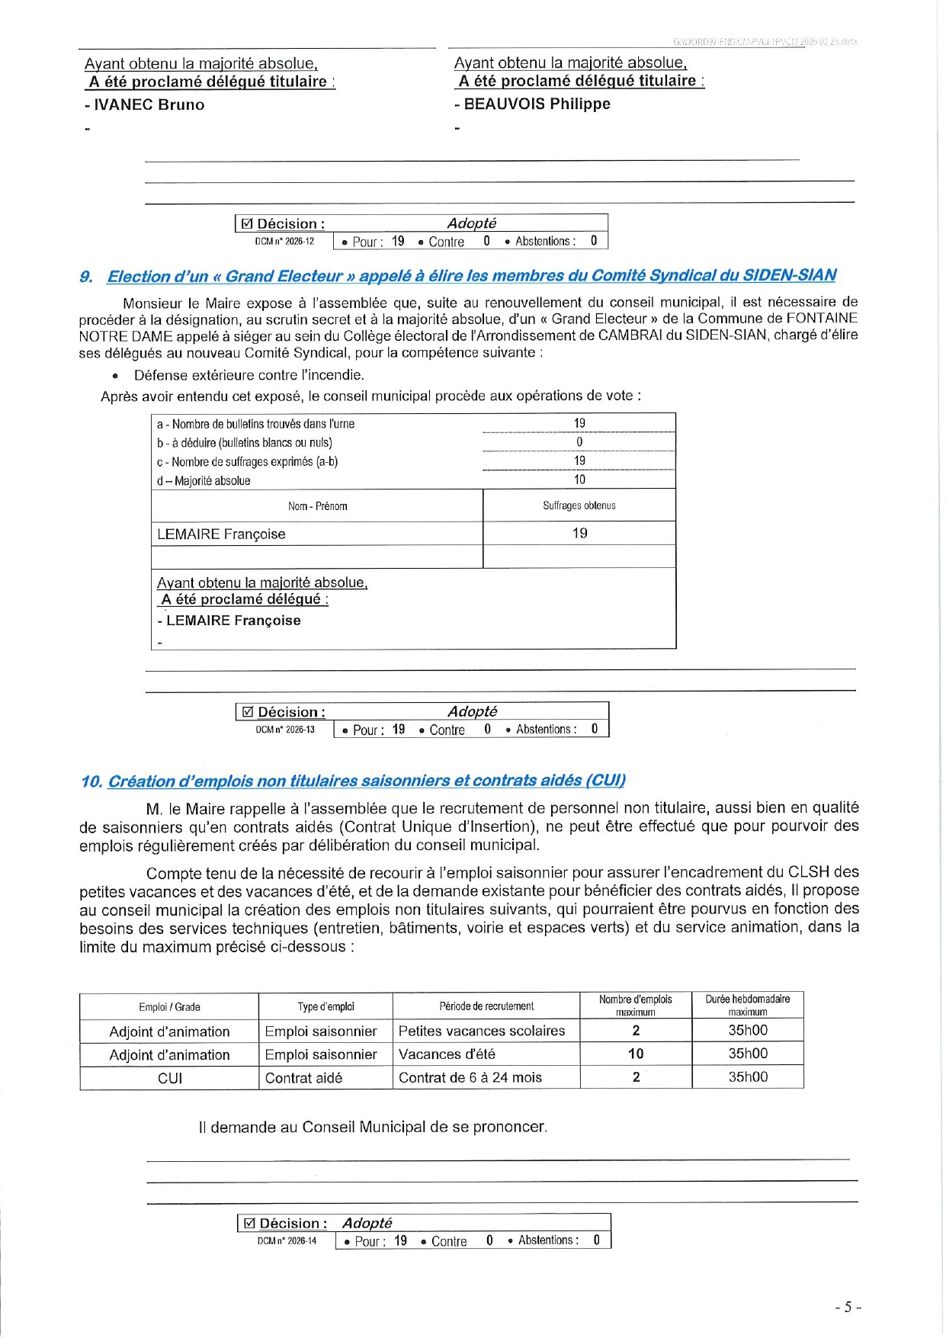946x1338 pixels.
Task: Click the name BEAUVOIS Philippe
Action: (537, 104)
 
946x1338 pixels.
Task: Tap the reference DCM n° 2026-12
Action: (284, 242)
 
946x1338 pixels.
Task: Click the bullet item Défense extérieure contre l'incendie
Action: (249, 375)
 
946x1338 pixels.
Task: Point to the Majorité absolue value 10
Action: (579, 480)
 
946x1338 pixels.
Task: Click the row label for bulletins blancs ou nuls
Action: (244, 442)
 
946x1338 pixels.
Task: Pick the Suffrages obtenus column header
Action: (579, 505)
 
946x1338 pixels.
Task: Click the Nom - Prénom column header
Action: (317, 506)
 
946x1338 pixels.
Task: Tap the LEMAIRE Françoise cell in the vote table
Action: (221, 534)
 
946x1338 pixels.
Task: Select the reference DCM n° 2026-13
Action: (285, 730)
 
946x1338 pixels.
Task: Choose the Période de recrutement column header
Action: (486, 1006)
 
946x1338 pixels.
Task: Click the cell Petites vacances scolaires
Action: (482, 1031)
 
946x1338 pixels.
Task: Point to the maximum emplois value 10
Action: (636, 1054)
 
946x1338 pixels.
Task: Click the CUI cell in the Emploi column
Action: (169, 1078)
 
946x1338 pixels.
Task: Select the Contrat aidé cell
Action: (303, 1078)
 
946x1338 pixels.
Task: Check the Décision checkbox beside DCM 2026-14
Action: (249, 1224)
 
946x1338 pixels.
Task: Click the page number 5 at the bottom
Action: (847, 1307)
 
